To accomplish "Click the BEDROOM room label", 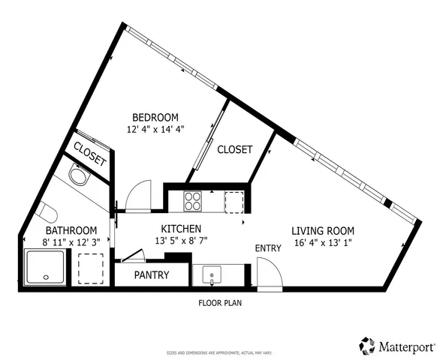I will [155, 117].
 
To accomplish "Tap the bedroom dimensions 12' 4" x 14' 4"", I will [155, 128].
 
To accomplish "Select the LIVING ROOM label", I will [323, 230].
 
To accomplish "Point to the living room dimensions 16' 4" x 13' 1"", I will [323, 241].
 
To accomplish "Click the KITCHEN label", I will [180, 229].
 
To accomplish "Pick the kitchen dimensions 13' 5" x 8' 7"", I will [180, 241].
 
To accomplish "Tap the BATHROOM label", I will [71, 230].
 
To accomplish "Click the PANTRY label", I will [152, 275].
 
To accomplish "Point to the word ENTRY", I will [268, 248].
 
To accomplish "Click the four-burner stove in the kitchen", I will [193, 201].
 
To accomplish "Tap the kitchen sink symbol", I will [212, 275].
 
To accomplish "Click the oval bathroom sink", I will [77, 176].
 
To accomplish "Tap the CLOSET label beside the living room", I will [234, 150].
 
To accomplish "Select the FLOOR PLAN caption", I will [220, 304].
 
